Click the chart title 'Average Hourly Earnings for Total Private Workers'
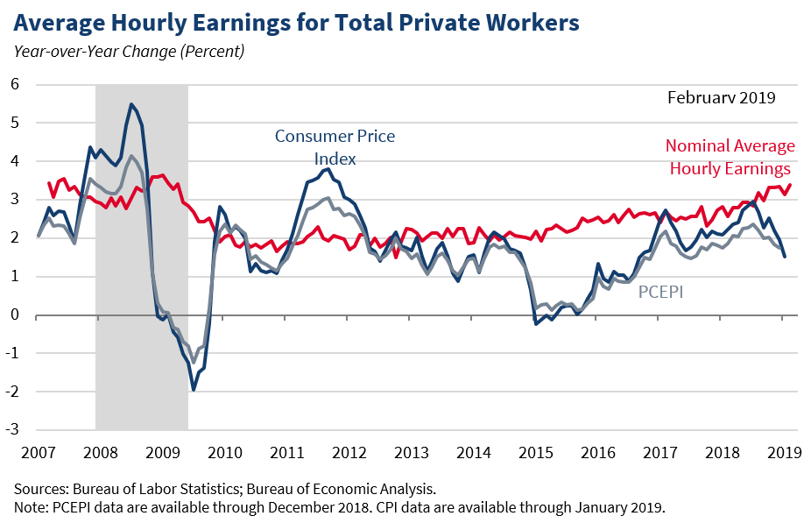point(296,22)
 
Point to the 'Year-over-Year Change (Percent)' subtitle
point(129,51)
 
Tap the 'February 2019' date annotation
point(721,97)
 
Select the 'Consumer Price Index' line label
point(335,147)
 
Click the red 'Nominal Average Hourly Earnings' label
point(730,157)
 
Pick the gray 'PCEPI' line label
point(659,291)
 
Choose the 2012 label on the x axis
point(349,453)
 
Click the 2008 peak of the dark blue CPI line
point(131,104)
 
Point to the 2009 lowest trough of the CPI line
point(194,390)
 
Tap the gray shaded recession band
point(142,263)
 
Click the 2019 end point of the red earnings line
point(790,185)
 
